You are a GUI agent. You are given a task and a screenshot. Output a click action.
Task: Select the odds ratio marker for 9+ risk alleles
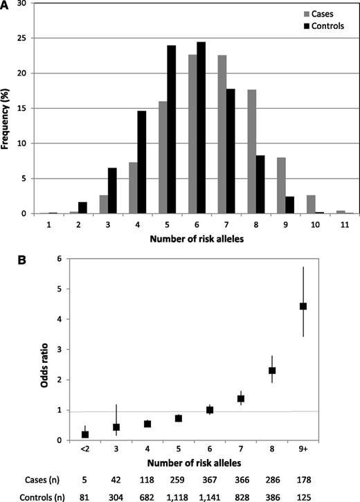(303, 306)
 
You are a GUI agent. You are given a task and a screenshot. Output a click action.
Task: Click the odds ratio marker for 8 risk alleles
(272, 370)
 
